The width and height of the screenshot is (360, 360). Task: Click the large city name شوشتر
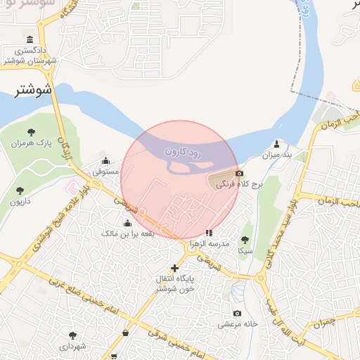(x=34, y=89)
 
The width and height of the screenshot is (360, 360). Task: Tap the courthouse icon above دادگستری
(x=30, y=39)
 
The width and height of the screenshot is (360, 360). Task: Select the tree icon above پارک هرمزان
(x=31, y=131)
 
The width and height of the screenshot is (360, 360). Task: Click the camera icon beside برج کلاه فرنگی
(x=240, y=174)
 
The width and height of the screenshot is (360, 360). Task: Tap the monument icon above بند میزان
(x=277, y=143)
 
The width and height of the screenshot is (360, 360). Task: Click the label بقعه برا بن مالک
(x=127, y=233)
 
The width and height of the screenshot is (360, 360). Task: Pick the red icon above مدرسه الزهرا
(x=208, y=231)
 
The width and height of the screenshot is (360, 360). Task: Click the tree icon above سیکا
(x=245, y=240)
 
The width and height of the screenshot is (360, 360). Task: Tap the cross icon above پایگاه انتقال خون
(x=174, y=267)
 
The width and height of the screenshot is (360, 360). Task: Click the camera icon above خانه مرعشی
(x=237, y=313)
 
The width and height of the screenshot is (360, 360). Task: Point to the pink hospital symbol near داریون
(x=70, y=190)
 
